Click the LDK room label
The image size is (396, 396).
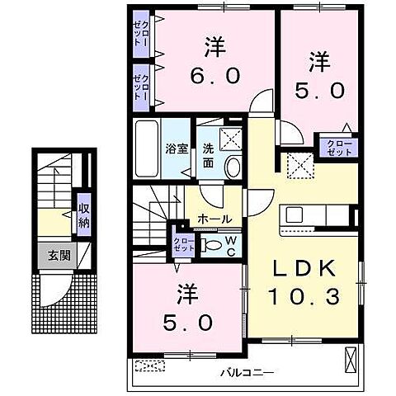(x=301, y=269)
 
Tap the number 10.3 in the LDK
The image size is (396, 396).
(x=301, y=295)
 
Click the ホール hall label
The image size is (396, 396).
(x=214, y=219)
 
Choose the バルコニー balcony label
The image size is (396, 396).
(x=247, y=373)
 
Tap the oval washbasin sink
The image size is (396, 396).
(x=233, y=167)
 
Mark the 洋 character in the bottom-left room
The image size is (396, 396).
(x=186, y=293)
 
